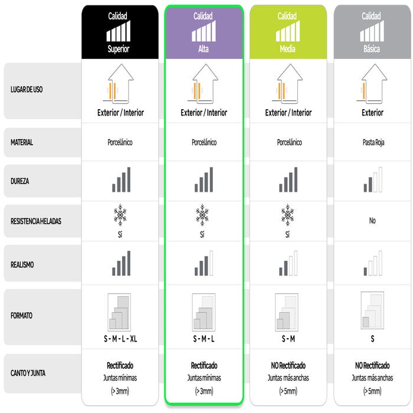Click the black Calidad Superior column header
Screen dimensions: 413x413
click(x=120, y=32)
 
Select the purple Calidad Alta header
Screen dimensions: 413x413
click(x=204, y=32)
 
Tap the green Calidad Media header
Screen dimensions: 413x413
click(x=288, y=32)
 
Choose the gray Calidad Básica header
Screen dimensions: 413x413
click(x=372, y=32)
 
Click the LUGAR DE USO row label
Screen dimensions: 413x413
click(x=27, y=90)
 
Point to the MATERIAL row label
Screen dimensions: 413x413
click(x=22, y=143)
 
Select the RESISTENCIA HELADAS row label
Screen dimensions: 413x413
click(x=36, y=221)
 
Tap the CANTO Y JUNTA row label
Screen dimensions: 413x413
click(x=28, y=373)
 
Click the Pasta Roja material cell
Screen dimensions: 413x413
click(x=373, y=143)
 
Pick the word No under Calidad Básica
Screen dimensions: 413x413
click(x=372, y=221)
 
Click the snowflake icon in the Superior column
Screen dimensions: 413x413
click(x=120, y=215)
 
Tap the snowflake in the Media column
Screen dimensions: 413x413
click(x=288, y=215)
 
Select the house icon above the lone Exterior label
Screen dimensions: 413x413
click(x=373, y=83)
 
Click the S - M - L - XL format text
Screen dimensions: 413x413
click(x=120, y=339)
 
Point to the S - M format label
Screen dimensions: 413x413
click(x=288, y=339)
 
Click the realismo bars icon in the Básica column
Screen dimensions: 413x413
click(x=373, y=263)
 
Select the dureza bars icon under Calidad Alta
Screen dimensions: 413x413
click(x=204, y=179)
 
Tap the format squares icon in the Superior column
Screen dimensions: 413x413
click(x=119, y=312)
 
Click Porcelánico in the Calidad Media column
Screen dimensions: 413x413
click(x=289, y=143)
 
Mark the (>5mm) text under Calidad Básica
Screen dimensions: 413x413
click(x=372, y=391)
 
